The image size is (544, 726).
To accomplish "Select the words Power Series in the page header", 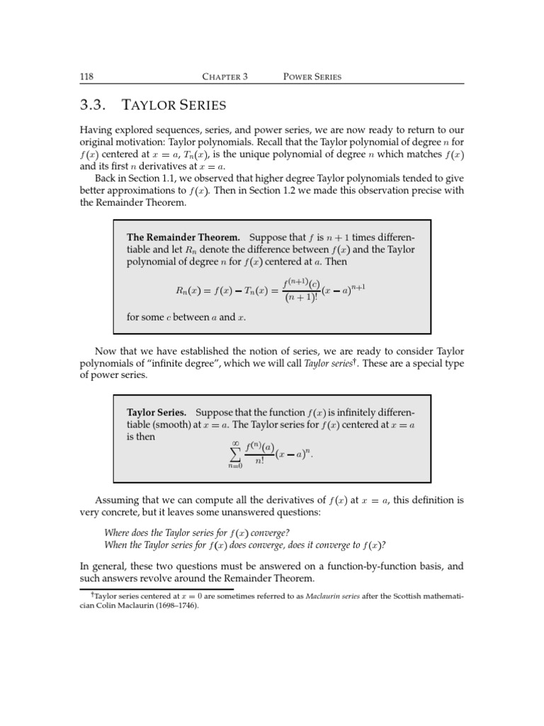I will pyautogui.click(x=312, y=77).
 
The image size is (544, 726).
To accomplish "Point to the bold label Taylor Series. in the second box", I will pyautogui.click(x=157, y=412).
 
